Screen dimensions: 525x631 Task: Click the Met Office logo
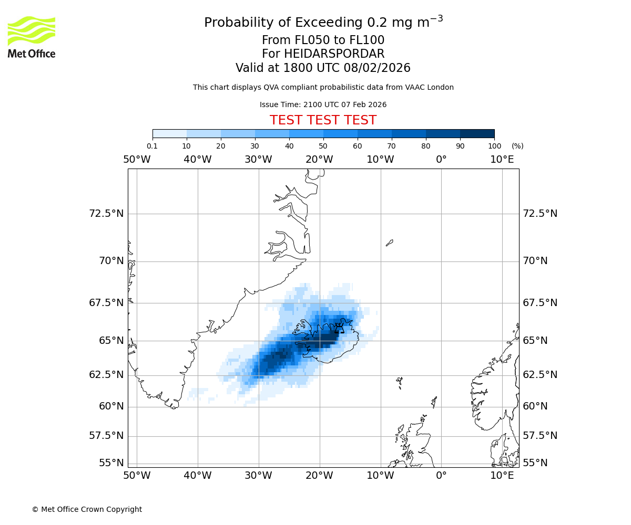(x=32, y=37)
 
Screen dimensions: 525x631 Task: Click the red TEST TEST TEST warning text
(x=323, y=121)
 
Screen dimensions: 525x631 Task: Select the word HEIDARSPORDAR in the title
(x=334, y=54)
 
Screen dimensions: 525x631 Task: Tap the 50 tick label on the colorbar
(x=323, y=146)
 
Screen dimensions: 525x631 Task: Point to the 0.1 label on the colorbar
(x=152, y=146)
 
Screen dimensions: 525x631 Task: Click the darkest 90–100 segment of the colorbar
(x=477, y=133)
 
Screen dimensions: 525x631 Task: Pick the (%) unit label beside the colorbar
(x=517, y=146)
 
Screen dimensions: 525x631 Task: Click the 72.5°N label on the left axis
(x=106, y=214)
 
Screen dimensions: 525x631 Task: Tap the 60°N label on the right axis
(x=535, y=406)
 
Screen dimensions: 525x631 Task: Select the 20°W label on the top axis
(x=319, y=160)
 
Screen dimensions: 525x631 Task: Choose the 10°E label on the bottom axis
(x=502, y=476)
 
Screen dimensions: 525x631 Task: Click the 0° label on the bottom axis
(x=441, y=476)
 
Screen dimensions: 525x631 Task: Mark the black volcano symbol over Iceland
(x=339, y=329)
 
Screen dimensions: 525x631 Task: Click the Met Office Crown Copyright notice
(x=87, y=510)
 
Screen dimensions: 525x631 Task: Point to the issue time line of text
(x=323, y=105)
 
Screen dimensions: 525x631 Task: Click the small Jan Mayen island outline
(x=389, y=243)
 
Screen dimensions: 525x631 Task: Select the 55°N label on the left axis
(x=111, y=463)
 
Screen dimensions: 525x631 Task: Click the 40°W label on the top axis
(x=197, y=160)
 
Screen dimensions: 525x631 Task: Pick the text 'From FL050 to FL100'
(x=323, y=40)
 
